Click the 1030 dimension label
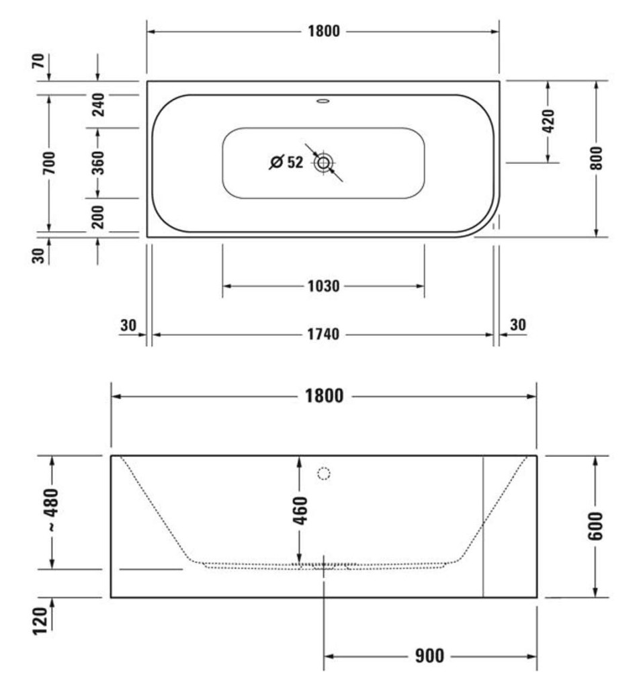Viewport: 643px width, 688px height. [323, 286]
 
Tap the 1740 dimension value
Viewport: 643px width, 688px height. [323, 335]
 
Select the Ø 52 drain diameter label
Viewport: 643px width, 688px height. [286, 163]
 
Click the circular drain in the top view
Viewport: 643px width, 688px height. [323, 163]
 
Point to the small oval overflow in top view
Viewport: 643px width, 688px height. [323, 101]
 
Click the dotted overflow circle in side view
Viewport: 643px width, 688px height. [323, 474]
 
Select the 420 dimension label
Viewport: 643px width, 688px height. [549, 121]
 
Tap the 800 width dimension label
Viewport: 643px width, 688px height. [597, 159]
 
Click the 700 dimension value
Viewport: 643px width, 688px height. [49, 163]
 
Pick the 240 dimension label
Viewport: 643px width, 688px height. [98, 104]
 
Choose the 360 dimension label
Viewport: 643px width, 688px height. [98, 163]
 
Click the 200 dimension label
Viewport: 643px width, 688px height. [98, 217]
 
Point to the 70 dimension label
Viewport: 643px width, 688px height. [38, 60]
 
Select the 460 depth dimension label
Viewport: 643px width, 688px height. [300, 511]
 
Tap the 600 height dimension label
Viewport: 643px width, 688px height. [595, 525]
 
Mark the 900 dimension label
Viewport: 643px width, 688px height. [430, 656]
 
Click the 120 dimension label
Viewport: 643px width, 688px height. [40, 621]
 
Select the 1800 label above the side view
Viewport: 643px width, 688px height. [324, 396]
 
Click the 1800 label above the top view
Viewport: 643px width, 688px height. [323, 31]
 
